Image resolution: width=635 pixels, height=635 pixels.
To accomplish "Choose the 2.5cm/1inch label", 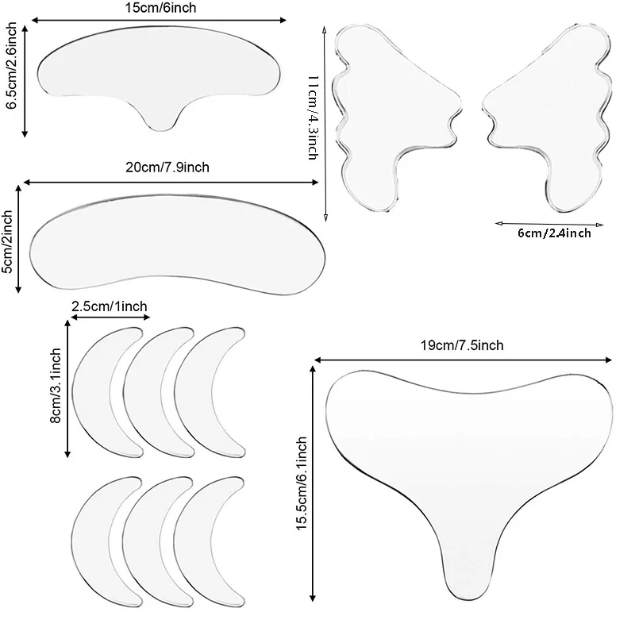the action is [x=110, y=306].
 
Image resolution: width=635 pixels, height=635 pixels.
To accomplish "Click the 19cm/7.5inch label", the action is [x=462, y=345].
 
